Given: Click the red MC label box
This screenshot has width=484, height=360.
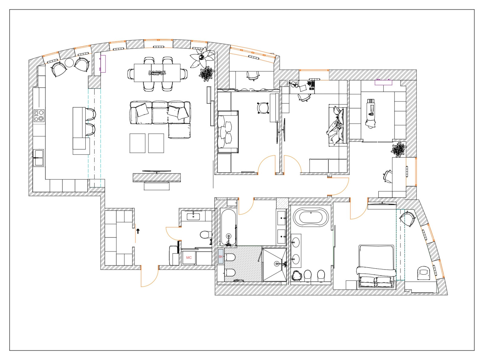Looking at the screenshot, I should click(x=189, y=257).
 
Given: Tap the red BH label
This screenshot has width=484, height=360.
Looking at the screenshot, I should click(x=221, y=257).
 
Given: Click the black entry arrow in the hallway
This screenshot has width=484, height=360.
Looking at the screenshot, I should click(x=138, y=231).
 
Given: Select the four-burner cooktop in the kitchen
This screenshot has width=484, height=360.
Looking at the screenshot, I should click(x=39, y=116).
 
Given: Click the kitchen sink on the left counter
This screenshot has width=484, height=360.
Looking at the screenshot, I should click(x=38, y=158).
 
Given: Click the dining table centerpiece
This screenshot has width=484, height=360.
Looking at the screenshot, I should click(x=157, y=73).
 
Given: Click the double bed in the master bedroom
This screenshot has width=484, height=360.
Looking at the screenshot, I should click(x=377, y=266).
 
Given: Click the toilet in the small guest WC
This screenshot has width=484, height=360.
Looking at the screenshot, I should click(x=206, y=234).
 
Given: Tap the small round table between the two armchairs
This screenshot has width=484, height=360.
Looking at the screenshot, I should click(x=70, y=63).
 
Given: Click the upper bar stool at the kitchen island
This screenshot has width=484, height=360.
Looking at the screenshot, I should click(x=90, y=114).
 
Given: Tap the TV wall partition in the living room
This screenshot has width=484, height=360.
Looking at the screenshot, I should click(x=157, y=178).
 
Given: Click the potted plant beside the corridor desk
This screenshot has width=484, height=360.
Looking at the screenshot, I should click(x=399, y=149).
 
